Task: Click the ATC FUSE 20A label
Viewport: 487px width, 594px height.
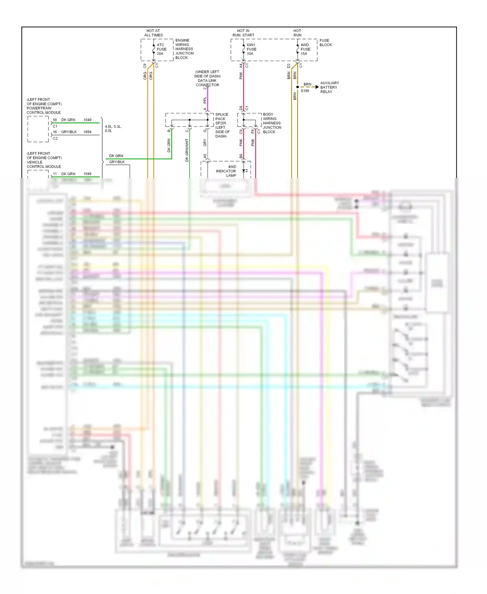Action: click(161, 49)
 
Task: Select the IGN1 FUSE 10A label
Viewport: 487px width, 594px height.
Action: click(251, 49)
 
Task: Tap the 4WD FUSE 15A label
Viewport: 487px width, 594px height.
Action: click(305, 49)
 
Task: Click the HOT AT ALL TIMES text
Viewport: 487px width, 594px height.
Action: click(153, 33)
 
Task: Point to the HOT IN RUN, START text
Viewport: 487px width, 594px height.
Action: click(243, 33)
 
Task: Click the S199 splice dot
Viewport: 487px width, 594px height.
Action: click(297, 87)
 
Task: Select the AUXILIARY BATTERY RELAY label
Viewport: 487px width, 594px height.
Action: click(329, 87)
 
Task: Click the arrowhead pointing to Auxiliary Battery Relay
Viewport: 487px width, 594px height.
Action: click(317, 87)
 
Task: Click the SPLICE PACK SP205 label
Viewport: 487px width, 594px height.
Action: click(221, 119)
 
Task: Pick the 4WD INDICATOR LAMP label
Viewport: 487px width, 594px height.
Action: click(226, 171)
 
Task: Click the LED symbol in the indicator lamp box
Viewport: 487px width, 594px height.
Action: click(244, 171)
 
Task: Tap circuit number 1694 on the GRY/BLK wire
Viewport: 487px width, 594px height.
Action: click(87, 132)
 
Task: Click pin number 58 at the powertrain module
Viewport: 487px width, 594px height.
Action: click(55, 120)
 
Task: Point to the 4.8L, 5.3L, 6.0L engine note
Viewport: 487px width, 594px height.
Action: click(113, 129)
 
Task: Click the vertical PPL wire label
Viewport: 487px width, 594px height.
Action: click(205, 100)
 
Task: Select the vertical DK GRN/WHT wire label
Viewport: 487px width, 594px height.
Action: click(187, 150)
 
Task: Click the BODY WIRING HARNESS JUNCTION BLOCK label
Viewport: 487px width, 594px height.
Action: click(272, 123)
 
